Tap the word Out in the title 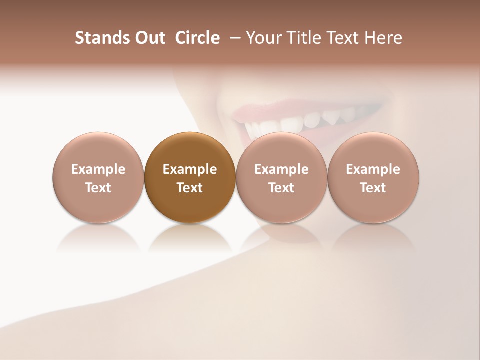149,38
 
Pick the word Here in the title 384,38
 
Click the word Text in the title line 344,38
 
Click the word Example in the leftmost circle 98,169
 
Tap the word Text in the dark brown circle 190,188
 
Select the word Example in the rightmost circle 373,169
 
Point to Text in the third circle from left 281,188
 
